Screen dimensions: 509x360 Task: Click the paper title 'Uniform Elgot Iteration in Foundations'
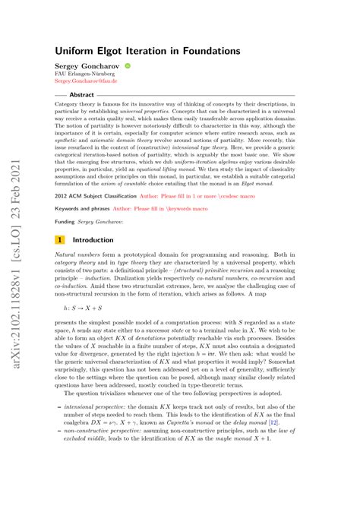[x=147, y=49]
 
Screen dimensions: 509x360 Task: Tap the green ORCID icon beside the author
[x=127, y=66]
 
